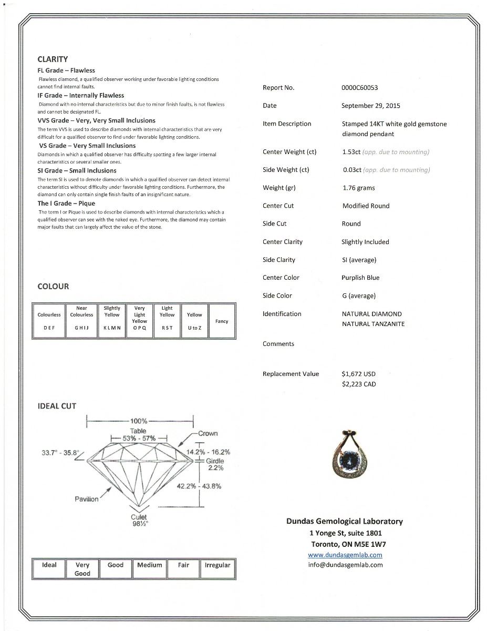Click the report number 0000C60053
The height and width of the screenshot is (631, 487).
(359, 88)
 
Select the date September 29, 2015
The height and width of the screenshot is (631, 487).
(370, 106)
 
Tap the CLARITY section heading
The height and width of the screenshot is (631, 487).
(53, 59)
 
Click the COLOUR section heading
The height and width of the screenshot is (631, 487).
(53, 287)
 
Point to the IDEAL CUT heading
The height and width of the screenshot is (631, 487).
(57, 406)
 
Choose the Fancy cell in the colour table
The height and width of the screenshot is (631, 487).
(222, 321)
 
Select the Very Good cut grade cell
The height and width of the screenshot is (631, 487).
(82, 569)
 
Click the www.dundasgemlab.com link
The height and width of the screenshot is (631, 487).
(345, 555)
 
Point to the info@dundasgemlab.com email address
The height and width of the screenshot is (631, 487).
(345, 565)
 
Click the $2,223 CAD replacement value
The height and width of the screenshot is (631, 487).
(358, 384)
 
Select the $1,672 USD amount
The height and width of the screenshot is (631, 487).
(358, 374)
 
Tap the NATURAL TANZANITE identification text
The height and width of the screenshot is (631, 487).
(373, 324)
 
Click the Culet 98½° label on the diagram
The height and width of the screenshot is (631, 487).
(139, 520)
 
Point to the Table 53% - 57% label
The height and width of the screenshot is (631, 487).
(139, 434)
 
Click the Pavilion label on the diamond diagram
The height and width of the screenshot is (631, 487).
(86, 499)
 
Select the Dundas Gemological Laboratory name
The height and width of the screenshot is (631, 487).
(344, 522)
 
